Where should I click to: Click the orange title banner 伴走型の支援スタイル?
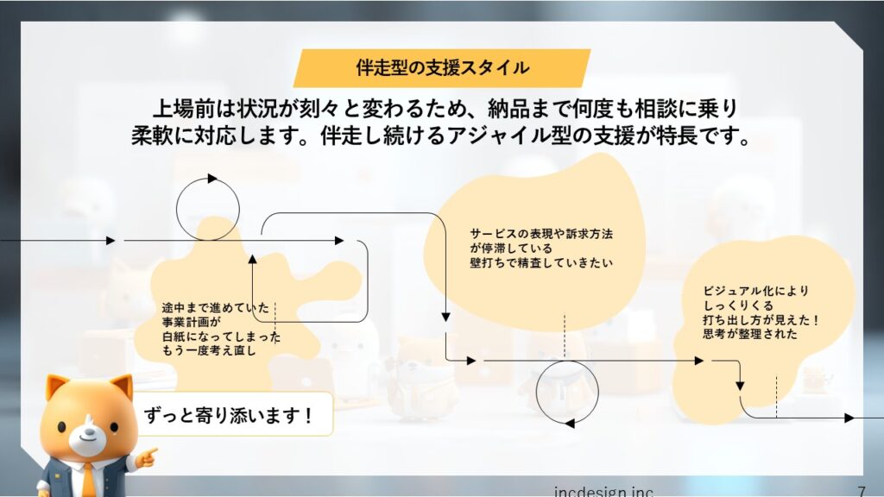442,67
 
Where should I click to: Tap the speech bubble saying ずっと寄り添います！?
232,415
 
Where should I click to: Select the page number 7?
861,491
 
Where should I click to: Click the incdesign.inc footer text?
603,491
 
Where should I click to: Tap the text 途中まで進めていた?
215,308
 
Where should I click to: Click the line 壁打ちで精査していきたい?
541,262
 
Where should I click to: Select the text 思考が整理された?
750,334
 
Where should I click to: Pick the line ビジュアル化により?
755,292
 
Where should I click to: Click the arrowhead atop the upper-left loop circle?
212,179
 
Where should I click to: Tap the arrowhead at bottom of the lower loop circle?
570,423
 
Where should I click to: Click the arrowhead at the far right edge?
849,418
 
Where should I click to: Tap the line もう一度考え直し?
209,350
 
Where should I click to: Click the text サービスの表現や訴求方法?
541,234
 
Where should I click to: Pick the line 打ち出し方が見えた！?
761,320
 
